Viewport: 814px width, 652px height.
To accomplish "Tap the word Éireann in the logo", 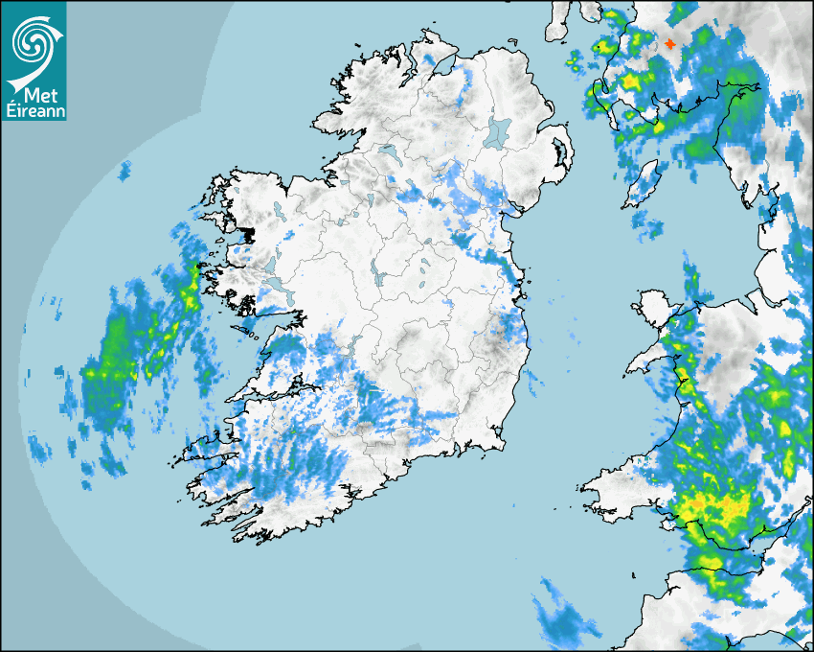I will click(34, 111).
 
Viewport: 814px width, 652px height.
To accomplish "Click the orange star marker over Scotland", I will click(669, 44).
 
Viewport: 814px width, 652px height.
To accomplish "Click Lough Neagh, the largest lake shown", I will click(499, 132).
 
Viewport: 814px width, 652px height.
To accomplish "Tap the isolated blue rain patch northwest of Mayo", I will click(124, 172).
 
